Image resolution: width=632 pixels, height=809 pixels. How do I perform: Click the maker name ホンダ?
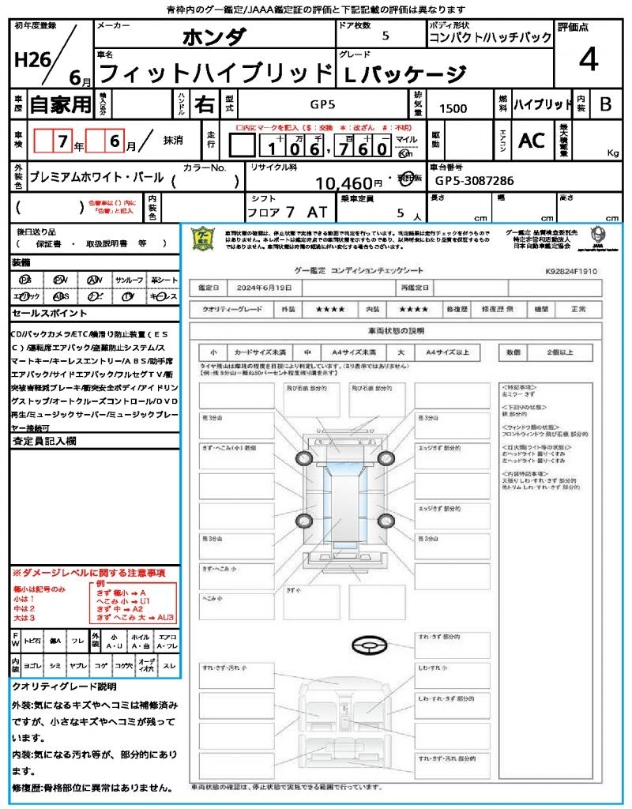[214, 36]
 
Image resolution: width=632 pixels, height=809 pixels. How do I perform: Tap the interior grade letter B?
[605, 103]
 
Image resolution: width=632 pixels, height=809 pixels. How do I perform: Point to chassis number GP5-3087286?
[474, 181]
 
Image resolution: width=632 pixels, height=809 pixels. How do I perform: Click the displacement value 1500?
[453, 109]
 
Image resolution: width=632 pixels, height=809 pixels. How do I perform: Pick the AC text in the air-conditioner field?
[532, 140]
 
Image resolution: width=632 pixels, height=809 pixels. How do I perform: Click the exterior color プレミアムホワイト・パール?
[96, 178]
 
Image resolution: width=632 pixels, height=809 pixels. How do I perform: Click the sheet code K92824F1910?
[571, 271]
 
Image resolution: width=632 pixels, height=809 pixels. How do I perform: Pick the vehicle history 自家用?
[61, 104]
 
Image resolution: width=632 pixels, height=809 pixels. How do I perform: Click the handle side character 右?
[205, 104]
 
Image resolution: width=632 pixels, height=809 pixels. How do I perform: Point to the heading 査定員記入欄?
[43, 441]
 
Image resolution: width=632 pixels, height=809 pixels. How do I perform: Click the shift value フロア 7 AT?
[283, 212]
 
